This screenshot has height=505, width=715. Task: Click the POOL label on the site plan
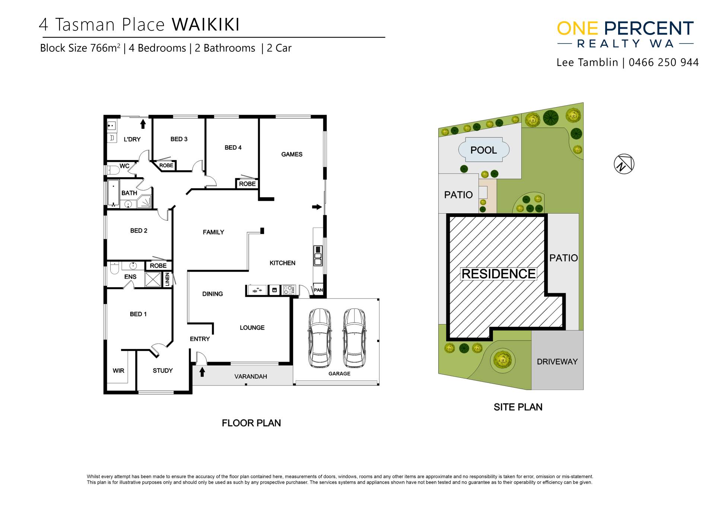483,150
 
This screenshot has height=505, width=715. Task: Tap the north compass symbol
624,164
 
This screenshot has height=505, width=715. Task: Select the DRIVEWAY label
557,362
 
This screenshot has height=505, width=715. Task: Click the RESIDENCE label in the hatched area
499,274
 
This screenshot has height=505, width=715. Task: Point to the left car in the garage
320,338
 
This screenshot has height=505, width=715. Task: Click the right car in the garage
354,338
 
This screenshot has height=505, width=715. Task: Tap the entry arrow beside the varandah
202,372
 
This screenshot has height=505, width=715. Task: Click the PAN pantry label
318,290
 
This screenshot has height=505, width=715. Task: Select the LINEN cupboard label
167,279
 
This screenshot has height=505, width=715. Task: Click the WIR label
118,371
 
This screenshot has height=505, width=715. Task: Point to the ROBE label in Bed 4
247,184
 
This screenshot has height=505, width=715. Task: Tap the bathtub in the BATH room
113,193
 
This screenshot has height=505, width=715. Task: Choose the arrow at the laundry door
143,124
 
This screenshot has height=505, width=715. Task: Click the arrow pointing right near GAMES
317,207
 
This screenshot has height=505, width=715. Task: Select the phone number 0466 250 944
664,63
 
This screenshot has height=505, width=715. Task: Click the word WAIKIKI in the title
206,25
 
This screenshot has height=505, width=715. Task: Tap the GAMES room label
292,154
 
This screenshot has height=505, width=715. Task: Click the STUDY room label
163,371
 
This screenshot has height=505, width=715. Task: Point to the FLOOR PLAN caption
251,423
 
